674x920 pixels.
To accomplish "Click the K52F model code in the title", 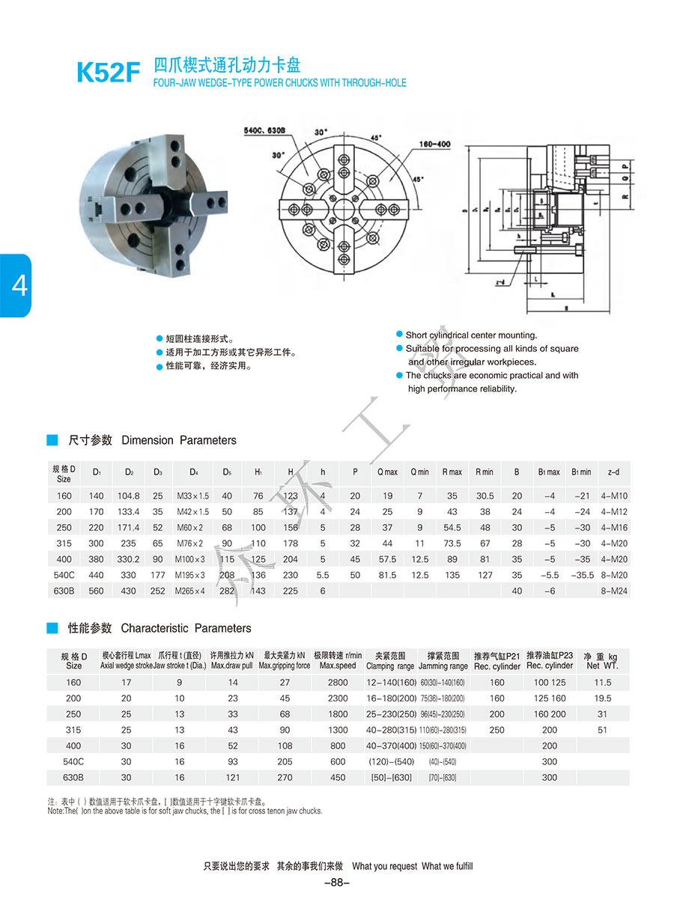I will [108, 72].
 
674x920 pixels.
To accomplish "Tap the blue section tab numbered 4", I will [16, 285].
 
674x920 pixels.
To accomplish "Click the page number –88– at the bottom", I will [337, 883].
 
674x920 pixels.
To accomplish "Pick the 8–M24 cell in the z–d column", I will [614, 591].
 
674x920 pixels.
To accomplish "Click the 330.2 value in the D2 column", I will [129, 558].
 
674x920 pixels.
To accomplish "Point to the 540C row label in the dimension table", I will [64, 575].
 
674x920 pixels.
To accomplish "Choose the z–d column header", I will [614, 472].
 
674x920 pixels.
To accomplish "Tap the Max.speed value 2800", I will [338, 683].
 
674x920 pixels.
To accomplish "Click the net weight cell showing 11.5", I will [602, 683].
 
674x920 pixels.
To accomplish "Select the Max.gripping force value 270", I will [285, 778].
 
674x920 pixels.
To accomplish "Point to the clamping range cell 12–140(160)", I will [390, 683].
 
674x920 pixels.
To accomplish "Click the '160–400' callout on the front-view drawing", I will [434, 144].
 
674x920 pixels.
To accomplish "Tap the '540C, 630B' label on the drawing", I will [264, 130].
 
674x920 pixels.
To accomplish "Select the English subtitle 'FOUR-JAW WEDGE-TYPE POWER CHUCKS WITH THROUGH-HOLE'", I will [279, 83].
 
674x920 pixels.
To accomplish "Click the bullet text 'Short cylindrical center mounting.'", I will [471, 335].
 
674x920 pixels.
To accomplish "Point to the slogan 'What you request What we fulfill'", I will [412, 866].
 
